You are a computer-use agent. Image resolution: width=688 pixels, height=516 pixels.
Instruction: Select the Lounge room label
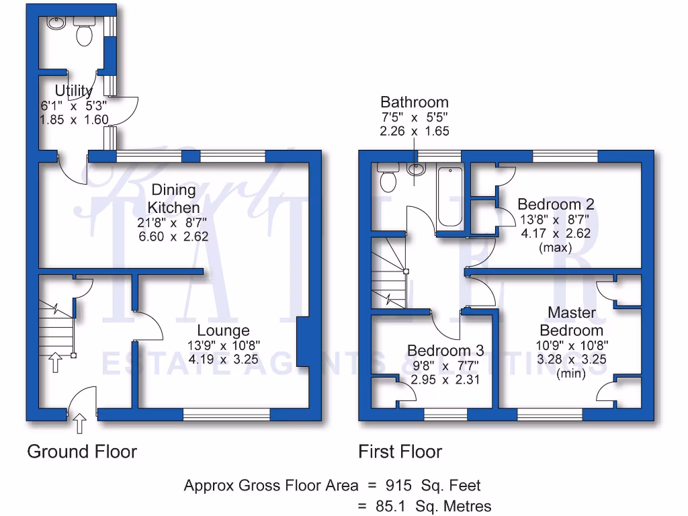[223, 331]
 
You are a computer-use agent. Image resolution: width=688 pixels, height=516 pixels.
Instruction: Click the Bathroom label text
[414, 103]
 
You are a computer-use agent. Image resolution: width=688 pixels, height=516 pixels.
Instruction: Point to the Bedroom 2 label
[555, 204]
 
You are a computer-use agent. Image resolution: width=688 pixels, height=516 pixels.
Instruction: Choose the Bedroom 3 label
[445, 351]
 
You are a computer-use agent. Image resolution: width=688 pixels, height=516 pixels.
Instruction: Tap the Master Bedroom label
[572, 321]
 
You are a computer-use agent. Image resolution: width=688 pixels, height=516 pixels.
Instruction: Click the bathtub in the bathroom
[449, 197]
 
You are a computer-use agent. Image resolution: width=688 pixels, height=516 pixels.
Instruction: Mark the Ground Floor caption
[82, 451]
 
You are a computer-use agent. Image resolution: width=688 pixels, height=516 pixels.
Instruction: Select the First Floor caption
[400, 451]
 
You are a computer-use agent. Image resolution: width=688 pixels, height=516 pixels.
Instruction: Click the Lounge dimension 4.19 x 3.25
[223, 359]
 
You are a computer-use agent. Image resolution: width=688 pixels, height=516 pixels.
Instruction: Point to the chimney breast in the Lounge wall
[303, 342]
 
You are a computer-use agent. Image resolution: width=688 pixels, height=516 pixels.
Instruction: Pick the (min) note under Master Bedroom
[572, 374]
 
